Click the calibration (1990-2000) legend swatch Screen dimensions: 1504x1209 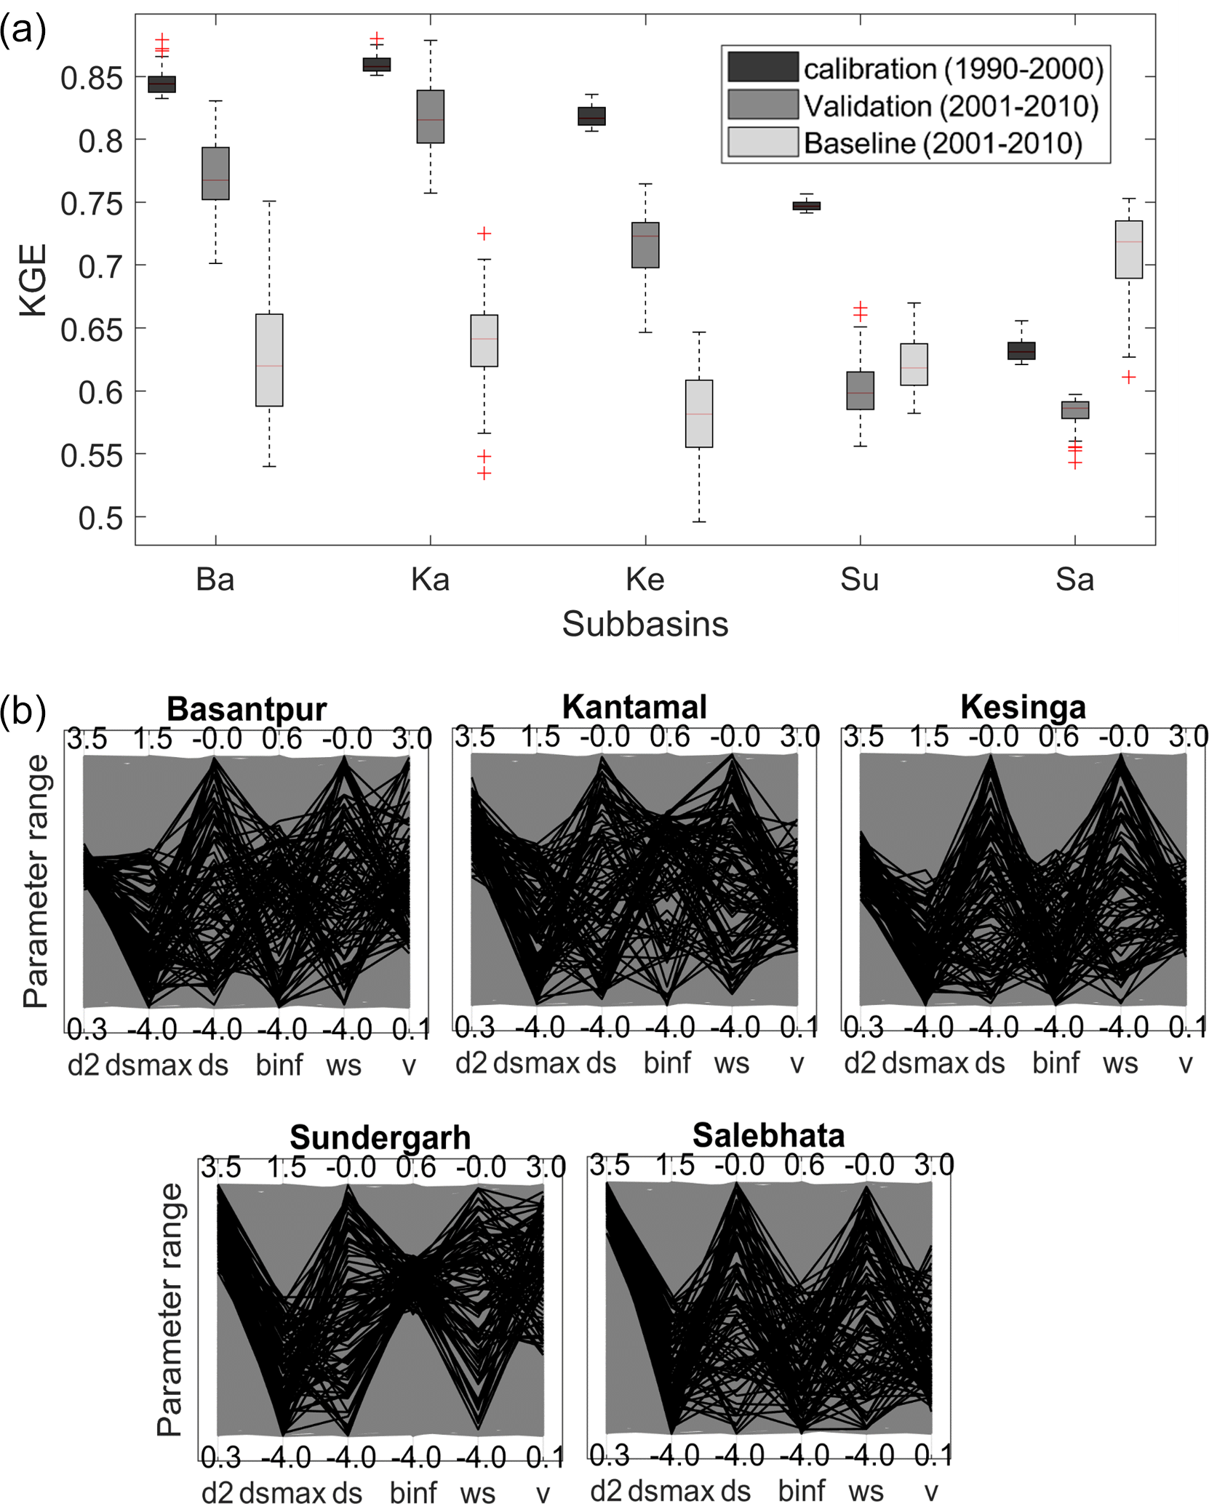pos(762,67)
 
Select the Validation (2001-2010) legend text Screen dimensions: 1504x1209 pos(950,106)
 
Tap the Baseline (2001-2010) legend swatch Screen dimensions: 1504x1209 pos(762,143)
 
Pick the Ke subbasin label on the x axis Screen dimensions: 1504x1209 pos(645,580)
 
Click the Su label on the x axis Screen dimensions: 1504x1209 pos(859,580)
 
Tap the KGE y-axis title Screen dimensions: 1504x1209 pos(33,280)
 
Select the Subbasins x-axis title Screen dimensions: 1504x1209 pos(645,624)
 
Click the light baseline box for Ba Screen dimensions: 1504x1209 pos(269,360)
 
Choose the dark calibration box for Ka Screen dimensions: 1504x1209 pos(376,65)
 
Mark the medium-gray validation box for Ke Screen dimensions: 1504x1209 pos(645,245)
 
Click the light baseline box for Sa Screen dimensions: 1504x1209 pos(1128,249)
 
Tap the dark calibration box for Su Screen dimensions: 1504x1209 pos(806,206)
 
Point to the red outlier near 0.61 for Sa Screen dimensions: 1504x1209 pos(1128,377)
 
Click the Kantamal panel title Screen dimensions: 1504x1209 pos(634,707)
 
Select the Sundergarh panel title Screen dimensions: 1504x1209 pos(380,1137)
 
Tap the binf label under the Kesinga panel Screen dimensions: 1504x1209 pos(1056,1064)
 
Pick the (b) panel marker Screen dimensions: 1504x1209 pos(23,711)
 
